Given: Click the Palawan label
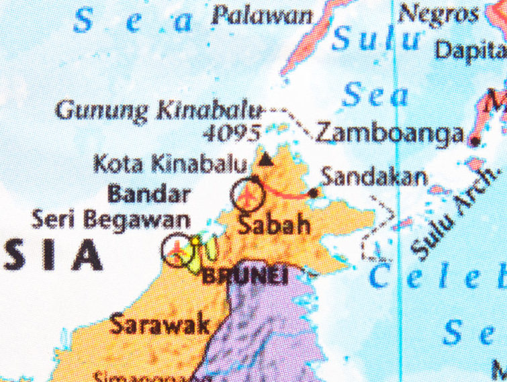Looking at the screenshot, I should (x=261, y=15).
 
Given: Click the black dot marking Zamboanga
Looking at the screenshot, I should (x=475, y=141).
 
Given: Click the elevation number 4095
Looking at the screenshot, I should (x=232, y=133).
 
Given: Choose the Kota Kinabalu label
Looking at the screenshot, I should (x=170, y=163).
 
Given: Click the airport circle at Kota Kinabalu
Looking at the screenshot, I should (x=248, y=193).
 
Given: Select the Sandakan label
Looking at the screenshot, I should (x=374, y=177).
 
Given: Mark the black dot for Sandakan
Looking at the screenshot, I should (x=314, y=193).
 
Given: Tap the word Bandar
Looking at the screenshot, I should (x=150, y=195).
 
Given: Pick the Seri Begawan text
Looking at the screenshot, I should (x=111, y=220).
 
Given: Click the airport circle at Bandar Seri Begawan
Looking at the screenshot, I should (x=178, y=250).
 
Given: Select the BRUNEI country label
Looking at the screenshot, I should (x=246, y=275).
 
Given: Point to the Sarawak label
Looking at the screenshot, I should (x=160, y=325).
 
